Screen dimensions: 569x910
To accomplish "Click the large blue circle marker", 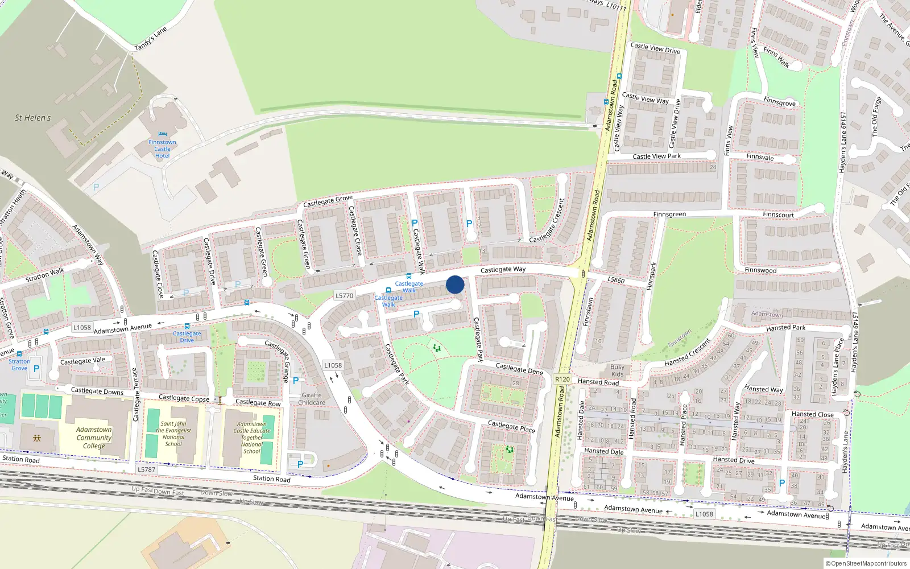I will [x=455, y=284].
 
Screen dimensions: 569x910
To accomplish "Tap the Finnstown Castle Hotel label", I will [x=162, y=149].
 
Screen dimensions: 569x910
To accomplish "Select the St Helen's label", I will [x=32, y=118].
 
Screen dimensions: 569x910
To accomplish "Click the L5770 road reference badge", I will [x=344, y=295].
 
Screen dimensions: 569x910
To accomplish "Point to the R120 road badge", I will [x=562, y=379].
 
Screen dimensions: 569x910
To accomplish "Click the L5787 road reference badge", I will [x=146, y=469].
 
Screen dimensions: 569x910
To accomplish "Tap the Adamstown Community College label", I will [x=94, y=438].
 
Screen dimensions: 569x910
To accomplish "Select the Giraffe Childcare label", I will [x=312, y=399].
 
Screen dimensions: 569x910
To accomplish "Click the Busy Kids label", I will [x=617, y=370].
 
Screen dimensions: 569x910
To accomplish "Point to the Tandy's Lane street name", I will [x=151, y=39].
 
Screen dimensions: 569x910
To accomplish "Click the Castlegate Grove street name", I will [x=328, y=201].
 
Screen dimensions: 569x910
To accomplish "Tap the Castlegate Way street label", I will [x=503, y=270].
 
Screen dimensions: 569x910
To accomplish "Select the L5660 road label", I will [x=616, y=280].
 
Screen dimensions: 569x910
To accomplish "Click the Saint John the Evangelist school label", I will [x=173, y=434].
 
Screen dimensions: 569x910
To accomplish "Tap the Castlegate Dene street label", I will [x=519, y=369].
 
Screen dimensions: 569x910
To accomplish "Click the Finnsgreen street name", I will [x=669, y=215].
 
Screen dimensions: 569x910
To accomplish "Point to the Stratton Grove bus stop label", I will [x=19, y=365].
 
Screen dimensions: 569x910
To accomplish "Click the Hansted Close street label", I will [x=812, y=414].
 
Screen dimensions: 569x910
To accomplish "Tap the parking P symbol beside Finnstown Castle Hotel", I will [x=96, y=187].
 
